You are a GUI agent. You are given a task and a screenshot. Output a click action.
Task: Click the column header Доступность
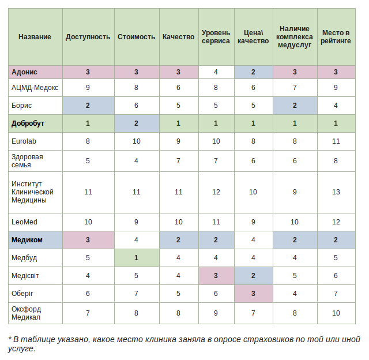(88, 37)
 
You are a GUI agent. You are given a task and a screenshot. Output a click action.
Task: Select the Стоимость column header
(136, 37)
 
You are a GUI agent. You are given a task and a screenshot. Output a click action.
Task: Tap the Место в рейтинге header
(336, 37)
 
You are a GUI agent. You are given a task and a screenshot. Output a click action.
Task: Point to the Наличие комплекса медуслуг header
(295, 37)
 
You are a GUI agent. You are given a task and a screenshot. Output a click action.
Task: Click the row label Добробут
(28, 123)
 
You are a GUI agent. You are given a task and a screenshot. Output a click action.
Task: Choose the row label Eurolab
(24, 141)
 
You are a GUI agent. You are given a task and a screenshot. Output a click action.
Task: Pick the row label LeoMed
(24, 222)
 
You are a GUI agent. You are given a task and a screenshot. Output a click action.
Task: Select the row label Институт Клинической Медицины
(32, 192)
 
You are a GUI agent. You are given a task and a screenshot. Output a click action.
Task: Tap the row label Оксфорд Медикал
(27, 313)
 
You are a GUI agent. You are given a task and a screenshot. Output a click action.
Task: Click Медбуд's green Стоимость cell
(137, 258)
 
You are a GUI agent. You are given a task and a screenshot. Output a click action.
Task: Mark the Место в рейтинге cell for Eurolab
(336, 141)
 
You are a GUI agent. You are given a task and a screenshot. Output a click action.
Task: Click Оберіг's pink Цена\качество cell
(254, 294)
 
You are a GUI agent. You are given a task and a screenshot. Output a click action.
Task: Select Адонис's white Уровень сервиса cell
(216, 72)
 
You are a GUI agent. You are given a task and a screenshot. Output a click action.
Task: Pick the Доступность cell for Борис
(88, 106)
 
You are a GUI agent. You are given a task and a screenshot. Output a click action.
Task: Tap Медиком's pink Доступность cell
(88, 240)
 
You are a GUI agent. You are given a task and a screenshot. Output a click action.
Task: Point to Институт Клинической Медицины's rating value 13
(336, 192)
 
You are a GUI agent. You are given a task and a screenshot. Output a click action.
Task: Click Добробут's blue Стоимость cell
(137, 123)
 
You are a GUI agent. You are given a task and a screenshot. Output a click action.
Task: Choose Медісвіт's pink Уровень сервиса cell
(216, 276)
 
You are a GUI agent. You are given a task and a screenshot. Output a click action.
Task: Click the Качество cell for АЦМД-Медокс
(179, 88)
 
